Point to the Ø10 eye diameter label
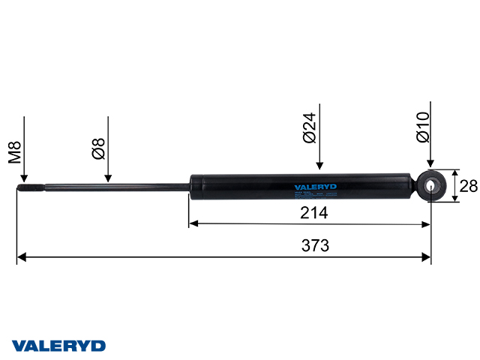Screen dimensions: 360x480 click(422, 127)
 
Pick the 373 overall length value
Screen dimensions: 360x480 click(316, 246)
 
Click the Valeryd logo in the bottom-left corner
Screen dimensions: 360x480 click(58, 346)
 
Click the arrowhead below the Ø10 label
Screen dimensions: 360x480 click(431, 161)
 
